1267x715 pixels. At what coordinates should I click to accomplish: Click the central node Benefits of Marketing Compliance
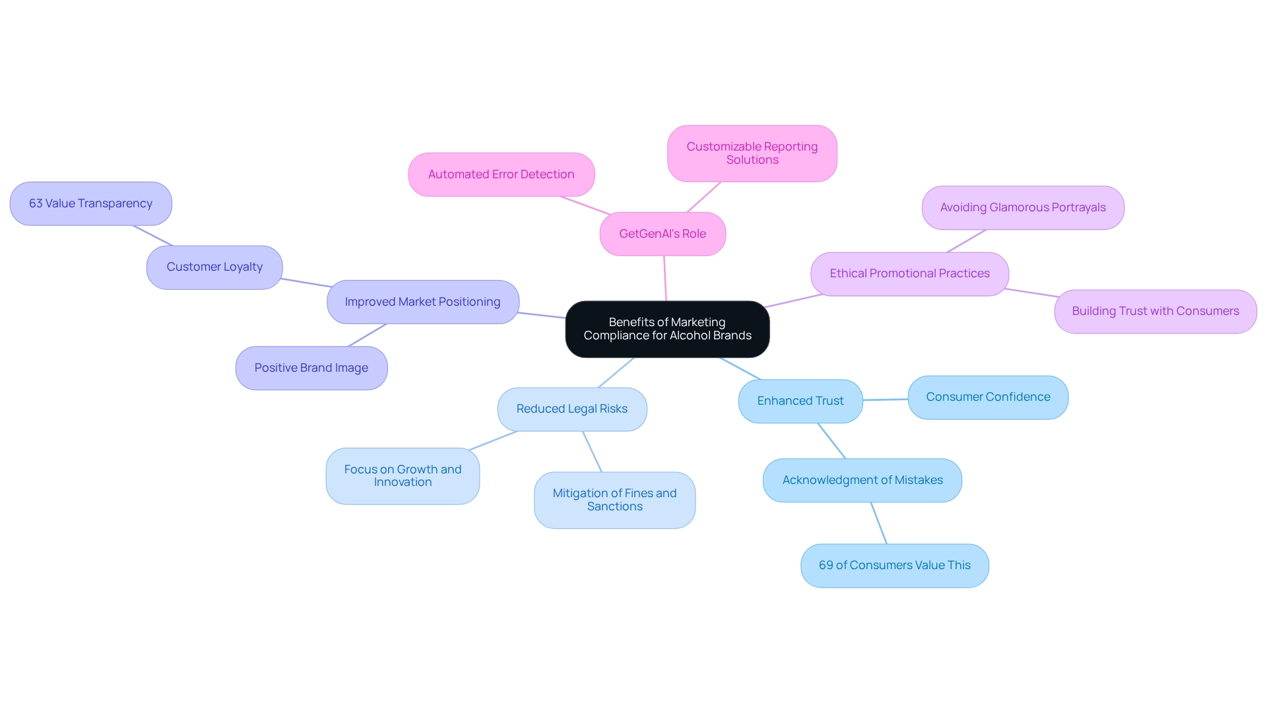coord(667,329)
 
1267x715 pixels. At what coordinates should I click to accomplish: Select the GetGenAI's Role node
coord(663,234)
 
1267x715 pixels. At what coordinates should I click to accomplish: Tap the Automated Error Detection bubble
coord(501,174)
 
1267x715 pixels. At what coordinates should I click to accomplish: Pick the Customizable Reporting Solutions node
coord(752,153)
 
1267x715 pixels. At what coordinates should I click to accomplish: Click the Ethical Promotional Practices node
coord(909,273)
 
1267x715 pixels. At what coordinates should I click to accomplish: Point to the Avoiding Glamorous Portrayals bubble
coord(1022,207)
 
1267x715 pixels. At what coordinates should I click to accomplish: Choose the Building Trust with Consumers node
coord(1155,311)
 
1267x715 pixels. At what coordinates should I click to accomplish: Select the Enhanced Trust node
coord(800,401)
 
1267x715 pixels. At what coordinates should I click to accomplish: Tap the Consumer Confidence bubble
coord(987,397)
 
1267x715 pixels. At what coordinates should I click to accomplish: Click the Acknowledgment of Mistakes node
coord(862,480)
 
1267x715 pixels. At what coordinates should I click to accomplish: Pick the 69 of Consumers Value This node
coord(894,565)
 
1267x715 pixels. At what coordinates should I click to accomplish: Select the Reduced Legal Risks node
coord(571,409)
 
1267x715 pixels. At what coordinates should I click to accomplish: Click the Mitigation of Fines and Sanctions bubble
coord(614,500)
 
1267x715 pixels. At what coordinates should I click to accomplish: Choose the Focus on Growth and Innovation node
coord(403,476)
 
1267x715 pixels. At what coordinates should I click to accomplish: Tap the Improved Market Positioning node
coord(422,302)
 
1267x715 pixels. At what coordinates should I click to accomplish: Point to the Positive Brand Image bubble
coord(311,368)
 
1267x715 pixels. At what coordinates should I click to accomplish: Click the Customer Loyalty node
coord(214,267)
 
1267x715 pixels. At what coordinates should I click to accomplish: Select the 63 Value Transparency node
coord(90,203)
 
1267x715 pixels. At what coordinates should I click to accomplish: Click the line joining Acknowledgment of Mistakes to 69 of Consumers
coord(879,523)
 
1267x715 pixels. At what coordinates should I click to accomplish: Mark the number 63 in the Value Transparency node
coord(36,203)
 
